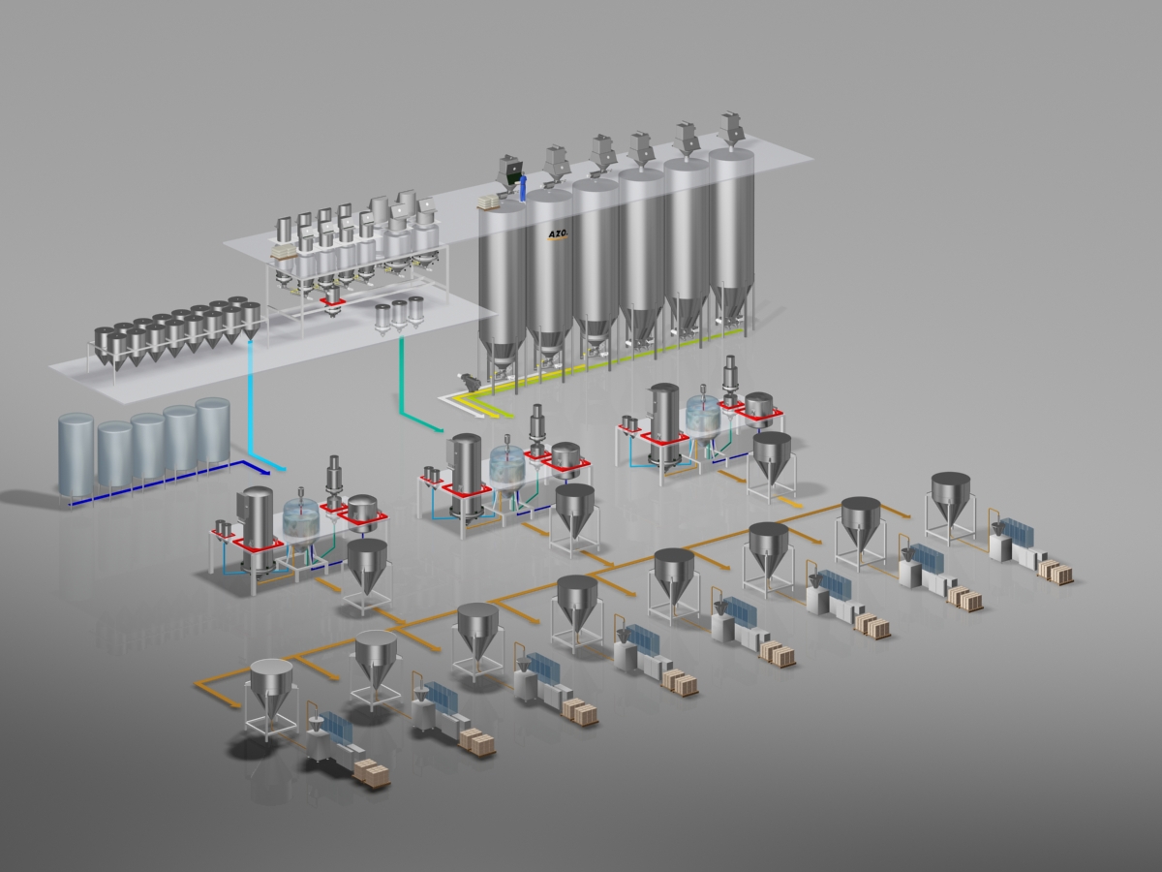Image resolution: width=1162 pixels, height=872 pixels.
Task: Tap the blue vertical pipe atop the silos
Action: point(524,187)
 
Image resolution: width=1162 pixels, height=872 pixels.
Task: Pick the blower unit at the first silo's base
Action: point(472,380)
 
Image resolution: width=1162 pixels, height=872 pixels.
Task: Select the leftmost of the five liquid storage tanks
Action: point(76,453)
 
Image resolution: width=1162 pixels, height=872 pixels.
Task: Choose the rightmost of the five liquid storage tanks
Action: point(212,429)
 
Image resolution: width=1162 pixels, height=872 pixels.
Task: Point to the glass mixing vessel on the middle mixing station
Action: point(506,467)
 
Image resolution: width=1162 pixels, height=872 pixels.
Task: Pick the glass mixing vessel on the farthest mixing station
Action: point(703,412)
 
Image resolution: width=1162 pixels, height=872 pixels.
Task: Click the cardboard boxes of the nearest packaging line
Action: point(372,772)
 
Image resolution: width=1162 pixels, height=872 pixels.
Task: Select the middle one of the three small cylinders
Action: point(399,314)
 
